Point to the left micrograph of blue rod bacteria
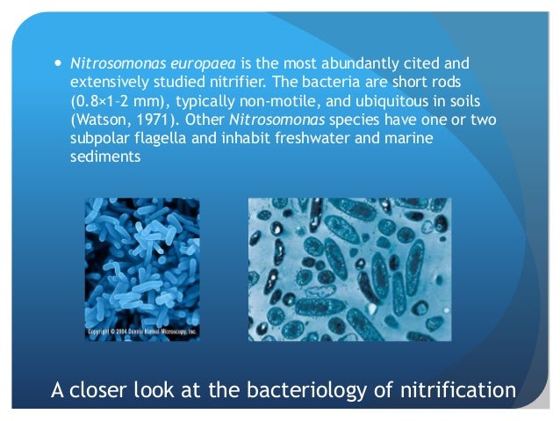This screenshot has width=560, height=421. pyautogui.click(x=141, y=264)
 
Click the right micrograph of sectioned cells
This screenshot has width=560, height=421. pyautogui.click(x=349, y=269)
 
